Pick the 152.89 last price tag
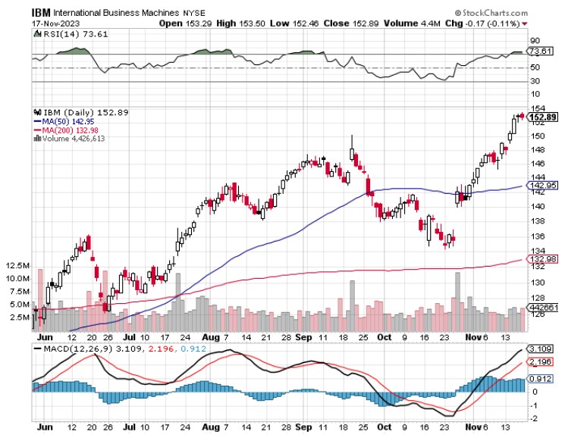tap(542, 117)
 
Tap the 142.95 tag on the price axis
tap(541, 185)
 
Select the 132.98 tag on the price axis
tap(541, 259)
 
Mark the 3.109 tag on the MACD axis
tap(539, 349)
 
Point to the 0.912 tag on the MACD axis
tap(539, 379)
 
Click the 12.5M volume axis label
tap(17, 266)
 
